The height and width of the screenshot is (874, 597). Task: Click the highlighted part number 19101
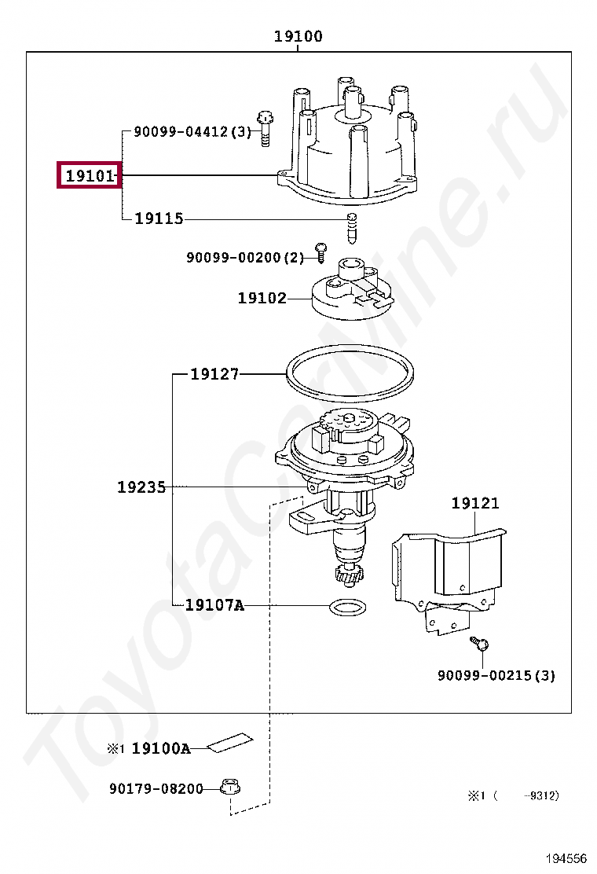(90, 175)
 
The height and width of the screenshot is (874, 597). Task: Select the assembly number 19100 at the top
(298, 36)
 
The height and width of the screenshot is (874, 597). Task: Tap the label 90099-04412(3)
(192, 132)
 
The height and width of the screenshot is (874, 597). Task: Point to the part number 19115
(159, 218)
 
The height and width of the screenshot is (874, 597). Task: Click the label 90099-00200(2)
(245, 258)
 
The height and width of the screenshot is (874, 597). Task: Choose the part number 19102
(262, 298)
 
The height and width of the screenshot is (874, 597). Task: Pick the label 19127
(214, 374)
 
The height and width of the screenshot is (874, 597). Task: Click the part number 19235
(141, 487)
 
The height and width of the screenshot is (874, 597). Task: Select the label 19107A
(215, 604)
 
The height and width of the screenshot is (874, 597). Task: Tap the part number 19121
(475, 503)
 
